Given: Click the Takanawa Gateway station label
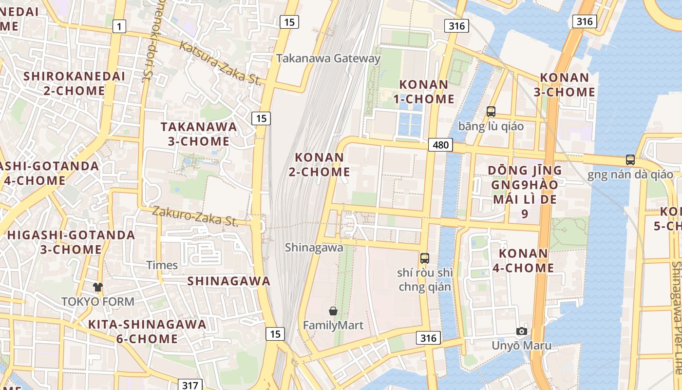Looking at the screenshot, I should coord(328,58).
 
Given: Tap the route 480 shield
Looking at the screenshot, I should coord(441,145).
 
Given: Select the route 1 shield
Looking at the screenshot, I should coord(119,26).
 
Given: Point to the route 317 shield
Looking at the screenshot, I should coord(189,385).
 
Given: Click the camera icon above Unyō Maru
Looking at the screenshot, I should coord(522,331).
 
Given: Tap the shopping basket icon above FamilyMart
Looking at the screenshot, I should coord(333,311).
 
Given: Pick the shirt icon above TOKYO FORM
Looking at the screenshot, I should coord(98,287).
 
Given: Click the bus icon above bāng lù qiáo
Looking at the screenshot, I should coord(491,112).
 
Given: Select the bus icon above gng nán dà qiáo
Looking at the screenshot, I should coord(630,159).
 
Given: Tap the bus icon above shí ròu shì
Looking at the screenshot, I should coord(425,258).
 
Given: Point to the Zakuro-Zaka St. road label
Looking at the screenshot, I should coord(195,216).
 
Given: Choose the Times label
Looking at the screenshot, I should coord(162,265).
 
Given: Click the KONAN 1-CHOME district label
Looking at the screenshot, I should coord(424,92).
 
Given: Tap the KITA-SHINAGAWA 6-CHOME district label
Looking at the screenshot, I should coord(147,331).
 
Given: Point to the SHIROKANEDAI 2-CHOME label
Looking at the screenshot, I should coord(74,83).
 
